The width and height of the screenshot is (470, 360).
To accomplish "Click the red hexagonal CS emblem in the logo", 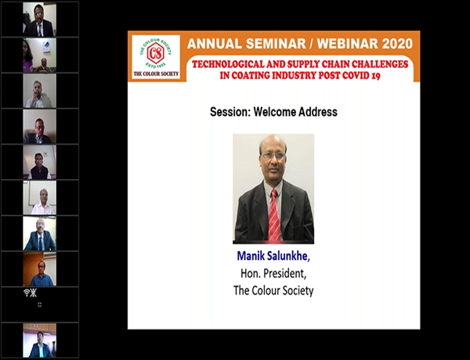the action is coord(156,53).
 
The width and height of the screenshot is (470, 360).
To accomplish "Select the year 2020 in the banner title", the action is coord(397,44).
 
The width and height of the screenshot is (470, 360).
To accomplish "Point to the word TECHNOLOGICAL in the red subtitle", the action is coord(228,64).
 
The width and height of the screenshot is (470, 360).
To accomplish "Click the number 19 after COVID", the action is coord(376,75).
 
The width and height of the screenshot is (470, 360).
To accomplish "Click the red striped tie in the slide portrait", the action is coord(274,215).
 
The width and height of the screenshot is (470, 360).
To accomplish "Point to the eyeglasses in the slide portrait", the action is coord(273,156).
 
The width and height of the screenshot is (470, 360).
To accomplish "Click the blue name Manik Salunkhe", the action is coord(273,257).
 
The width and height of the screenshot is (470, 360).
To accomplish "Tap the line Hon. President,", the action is coord(273,273).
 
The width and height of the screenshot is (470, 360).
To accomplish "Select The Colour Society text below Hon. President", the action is coord(273,290).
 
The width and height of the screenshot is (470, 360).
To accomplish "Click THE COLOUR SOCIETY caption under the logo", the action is coord(156,74).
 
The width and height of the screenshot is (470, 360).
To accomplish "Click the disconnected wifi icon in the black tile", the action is coord(31,293).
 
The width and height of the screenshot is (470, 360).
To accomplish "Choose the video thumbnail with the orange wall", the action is coord(40,269).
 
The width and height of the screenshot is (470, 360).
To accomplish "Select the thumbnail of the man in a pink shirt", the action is coord(40,198).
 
